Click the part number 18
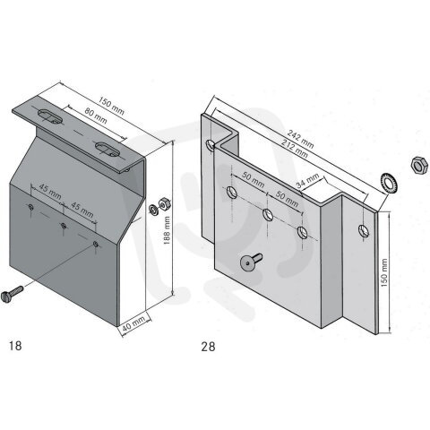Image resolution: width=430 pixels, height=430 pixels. pos(13,344)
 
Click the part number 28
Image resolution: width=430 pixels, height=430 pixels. pos(209,344)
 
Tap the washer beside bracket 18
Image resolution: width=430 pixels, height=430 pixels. pos(153,210)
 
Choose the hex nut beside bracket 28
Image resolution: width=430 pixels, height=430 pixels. pos(415,166)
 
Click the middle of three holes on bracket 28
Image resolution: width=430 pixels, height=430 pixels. pos(268,213)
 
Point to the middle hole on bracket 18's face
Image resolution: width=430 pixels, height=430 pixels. pos(64,225)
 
